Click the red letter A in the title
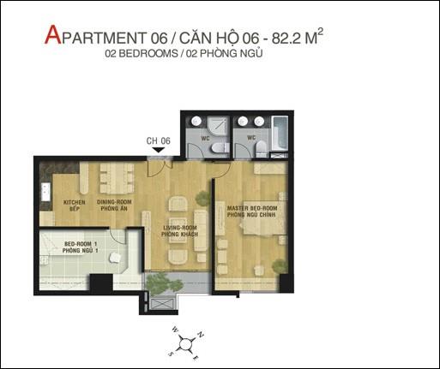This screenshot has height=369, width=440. [53, 35]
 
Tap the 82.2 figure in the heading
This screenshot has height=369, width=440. [286, 39]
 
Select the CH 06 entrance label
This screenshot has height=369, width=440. [158, 140]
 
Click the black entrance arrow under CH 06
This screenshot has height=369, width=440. [158, 150]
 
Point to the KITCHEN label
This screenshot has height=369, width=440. [75, 202]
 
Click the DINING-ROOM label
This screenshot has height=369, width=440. [114, 202]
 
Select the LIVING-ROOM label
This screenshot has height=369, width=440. [180, 228]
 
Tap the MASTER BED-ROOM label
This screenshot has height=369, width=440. [252, 208]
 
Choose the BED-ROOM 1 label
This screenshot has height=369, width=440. [81, 244]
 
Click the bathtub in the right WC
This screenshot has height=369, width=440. [279, 134]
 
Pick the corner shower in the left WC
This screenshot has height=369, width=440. [218, 126]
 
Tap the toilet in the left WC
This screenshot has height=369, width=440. [220, 148]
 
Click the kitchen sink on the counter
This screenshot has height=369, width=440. [45, 192]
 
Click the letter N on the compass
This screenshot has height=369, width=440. [201, 335]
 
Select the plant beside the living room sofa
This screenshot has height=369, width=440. [203, 199]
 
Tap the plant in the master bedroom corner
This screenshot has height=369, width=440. [280, 266]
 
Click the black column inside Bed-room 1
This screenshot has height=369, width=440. [101, 283]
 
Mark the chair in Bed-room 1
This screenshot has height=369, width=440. [115, 258]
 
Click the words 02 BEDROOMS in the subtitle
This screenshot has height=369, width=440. [142, 54]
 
